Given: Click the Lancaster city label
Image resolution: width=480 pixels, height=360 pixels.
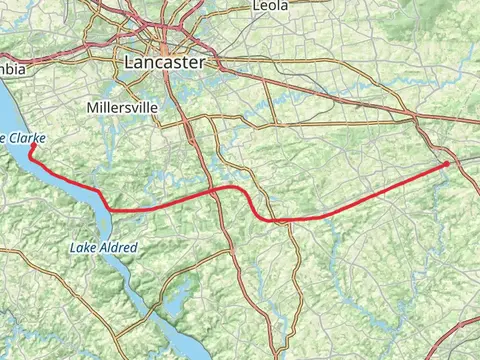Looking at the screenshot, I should pos(164,62).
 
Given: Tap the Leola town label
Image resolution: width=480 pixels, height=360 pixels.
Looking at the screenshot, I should pos(270,5).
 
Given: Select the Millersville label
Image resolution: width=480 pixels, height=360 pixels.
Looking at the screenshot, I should pos(121,107).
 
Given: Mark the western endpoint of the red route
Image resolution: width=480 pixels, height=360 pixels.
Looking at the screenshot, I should pos(32,146).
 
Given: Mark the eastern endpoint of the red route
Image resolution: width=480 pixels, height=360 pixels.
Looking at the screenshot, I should pos(447,162).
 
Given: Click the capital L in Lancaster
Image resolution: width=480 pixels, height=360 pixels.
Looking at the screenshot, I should pos(129,62).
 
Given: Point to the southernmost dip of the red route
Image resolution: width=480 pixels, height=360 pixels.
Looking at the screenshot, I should pos(272,220).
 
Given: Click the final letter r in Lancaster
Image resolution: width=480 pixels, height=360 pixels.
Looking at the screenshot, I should pos(201,62).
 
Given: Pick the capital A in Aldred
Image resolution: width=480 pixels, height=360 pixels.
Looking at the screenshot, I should pos(101,246).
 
